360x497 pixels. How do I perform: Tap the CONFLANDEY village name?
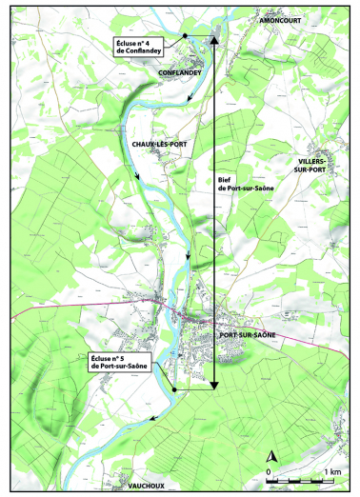(x=178, y=73)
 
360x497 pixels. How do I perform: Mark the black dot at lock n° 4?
(x=184, y=37)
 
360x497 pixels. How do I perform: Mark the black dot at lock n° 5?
(x=175, y=389)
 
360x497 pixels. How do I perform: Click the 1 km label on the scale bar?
(x=332, y=472)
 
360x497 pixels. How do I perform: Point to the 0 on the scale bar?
(x=270, y=472)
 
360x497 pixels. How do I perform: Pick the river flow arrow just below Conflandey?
(x=190, y=98)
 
